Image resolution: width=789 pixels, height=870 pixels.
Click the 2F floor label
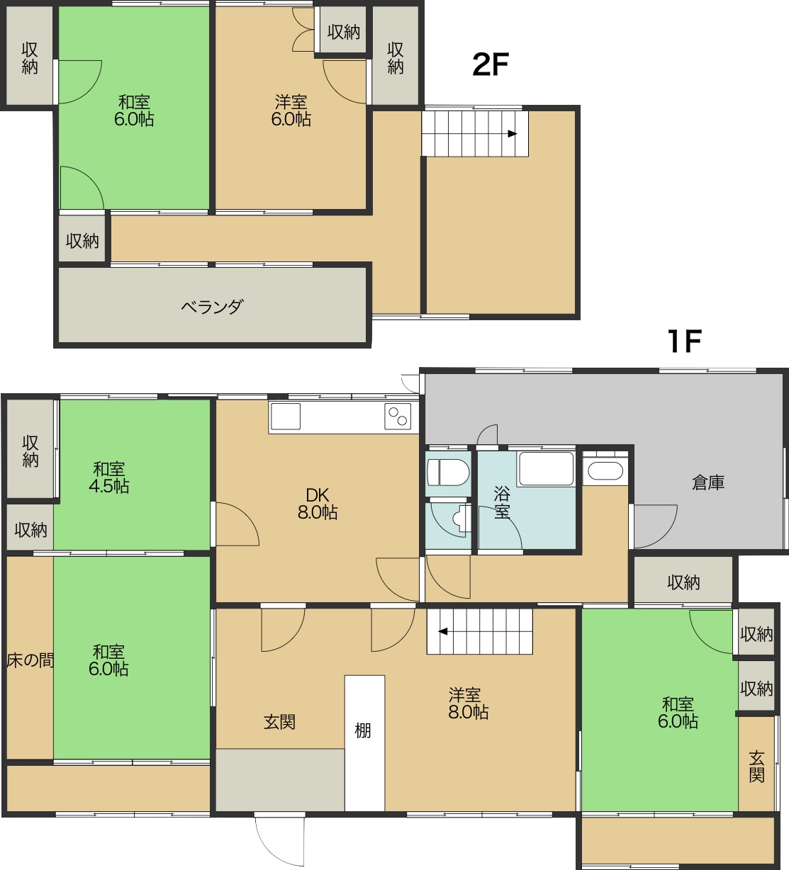(490, 64)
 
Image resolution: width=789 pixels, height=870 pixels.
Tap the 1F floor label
(685, 341)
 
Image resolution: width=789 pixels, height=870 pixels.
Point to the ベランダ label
(212, 307)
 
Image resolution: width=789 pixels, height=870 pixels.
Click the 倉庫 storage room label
(708, 482)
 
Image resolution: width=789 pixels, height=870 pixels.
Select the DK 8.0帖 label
(318, 504)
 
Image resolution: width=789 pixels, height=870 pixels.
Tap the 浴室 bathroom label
(502, 502)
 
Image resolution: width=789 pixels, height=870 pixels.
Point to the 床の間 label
(30, 660)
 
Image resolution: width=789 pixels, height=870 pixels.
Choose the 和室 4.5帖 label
(109, 478)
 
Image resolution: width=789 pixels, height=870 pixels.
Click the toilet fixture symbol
(448, 473)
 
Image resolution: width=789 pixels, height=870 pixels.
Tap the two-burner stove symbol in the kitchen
(398, 417)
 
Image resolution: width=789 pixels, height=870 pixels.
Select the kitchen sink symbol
(286, 417)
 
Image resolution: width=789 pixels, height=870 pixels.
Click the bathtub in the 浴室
(546, 469)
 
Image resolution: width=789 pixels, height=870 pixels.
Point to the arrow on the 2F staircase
(513, 134)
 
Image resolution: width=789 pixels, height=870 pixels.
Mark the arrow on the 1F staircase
(442, 631)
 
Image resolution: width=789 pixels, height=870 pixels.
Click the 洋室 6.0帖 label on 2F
(291, 111)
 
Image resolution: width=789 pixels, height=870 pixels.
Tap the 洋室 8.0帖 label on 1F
(469, 704)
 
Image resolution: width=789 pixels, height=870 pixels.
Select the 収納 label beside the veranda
(82, 241)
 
